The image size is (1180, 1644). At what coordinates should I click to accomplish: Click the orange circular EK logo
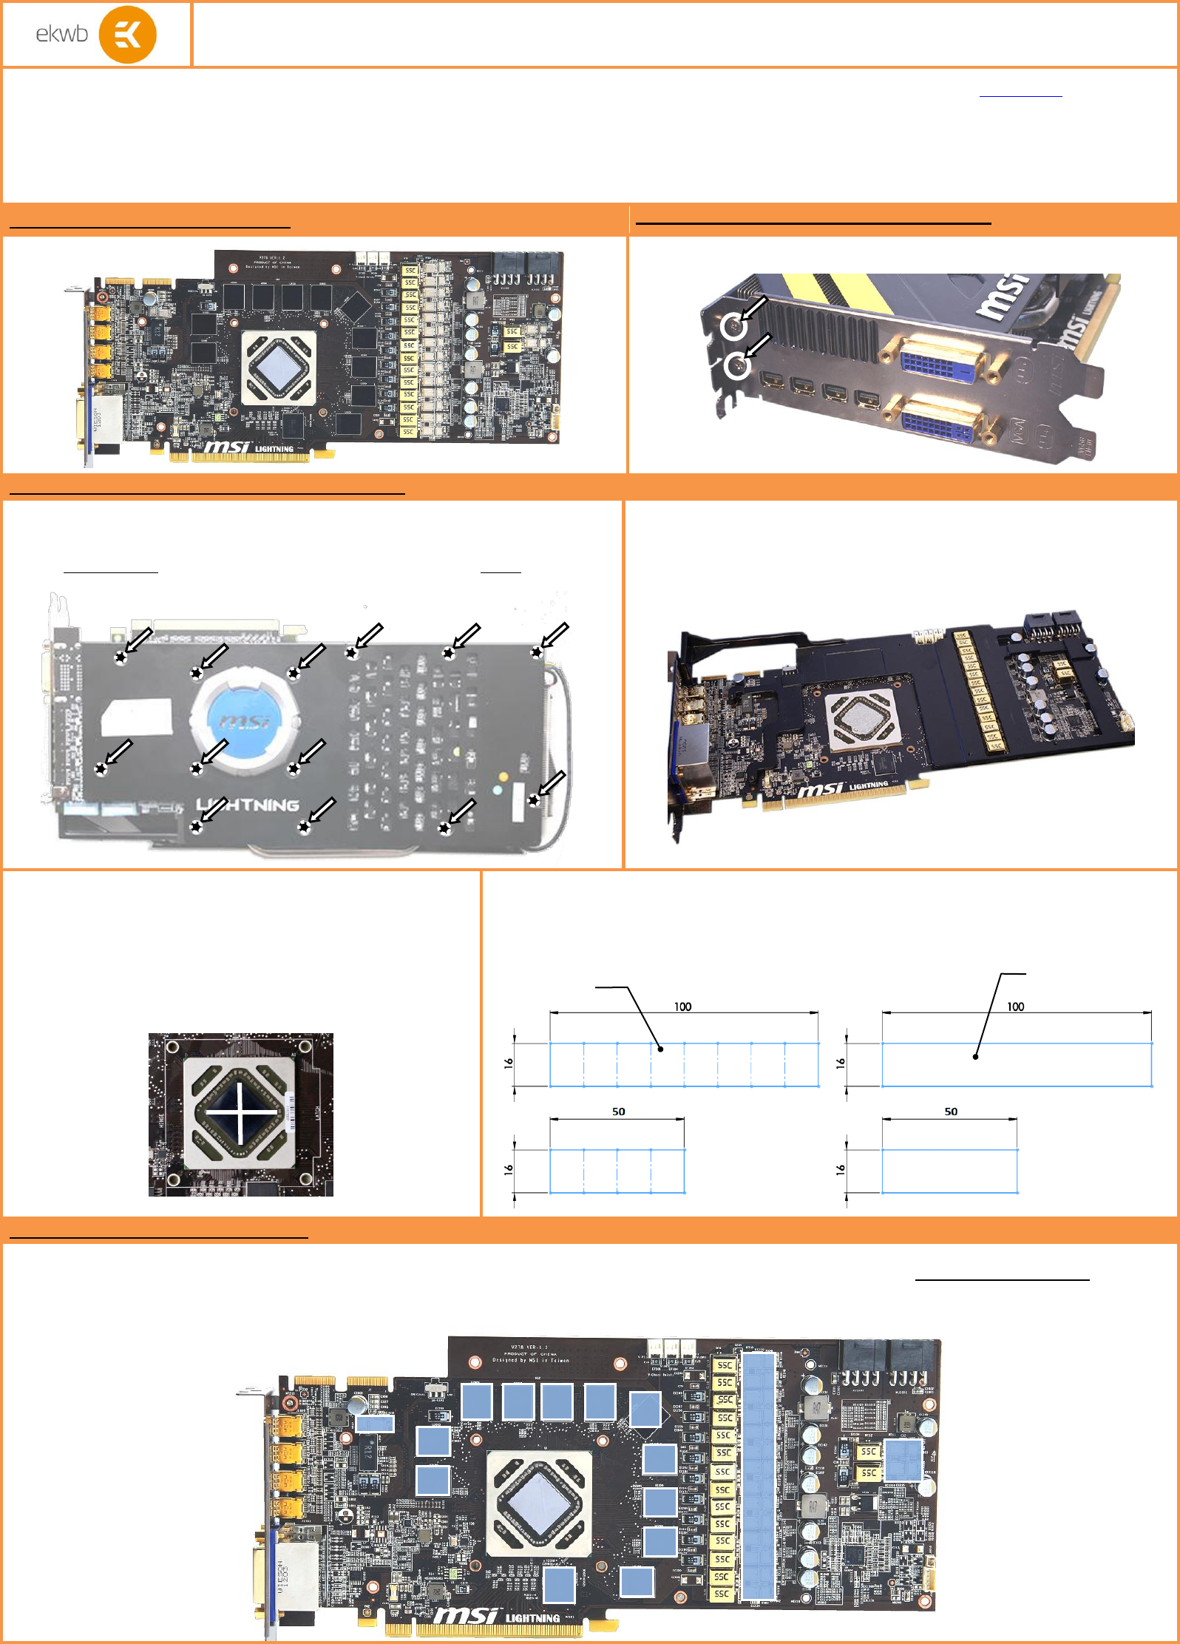[127, 35]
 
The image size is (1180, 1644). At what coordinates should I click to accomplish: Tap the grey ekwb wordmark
[61, 34]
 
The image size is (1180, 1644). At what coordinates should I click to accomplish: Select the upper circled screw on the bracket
[733, 325]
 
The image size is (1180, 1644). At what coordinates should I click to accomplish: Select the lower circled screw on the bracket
[736, 365]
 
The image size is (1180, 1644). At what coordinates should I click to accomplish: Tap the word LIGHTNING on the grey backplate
[248, 805]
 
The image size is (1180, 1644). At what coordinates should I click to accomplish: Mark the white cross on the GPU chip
[240, 1112]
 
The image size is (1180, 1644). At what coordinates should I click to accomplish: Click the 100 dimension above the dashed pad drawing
[682, 1007]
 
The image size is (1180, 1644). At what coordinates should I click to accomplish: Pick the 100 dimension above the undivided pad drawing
[1015, 1007]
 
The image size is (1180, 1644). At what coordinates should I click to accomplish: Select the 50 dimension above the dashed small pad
[618, 1112]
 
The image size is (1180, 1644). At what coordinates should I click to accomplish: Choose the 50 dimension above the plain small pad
[951, 1112]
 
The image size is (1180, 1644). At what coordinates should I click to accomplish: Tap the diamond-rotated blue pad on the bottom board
[645, 1410]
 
